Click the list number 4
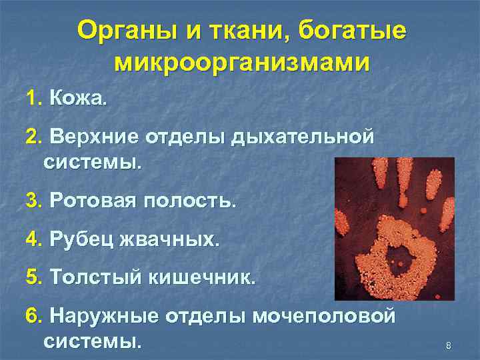(33, 239)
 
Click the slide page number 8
(448, 345)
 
